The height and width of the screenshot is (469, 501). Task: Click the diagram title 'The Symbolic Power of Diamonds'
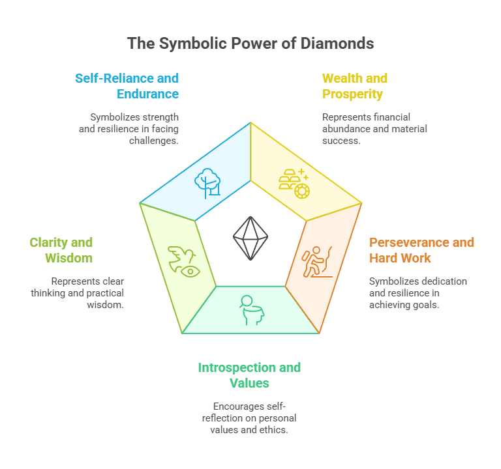(250, 44)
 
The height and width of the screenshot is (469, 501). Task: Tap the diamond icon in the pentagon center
(250, 238)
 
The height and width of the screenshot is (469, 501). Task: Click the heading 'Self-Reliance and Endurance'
(127, 86)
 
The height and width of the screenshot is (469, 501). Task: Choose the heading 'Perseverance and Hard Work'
(421, 250)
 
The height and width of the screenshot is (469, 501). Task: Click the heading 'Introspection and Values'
(249, 375)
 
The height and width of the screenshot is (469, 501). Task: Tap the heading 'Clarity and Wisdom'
(61, 250)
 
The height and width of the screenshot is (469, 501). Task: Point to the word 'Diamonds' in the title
(339, 44)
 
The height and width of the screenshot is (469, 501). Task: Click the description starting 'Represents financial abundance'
(374, 129)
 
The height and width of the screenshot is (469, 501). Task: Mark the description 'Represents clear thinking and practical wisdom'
(77, 293)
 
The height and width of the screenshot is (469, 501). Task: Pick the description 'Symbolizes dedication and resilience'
(417, 293)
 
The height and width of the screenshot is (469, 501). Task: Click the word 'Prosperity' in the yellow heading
(352, 94)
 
